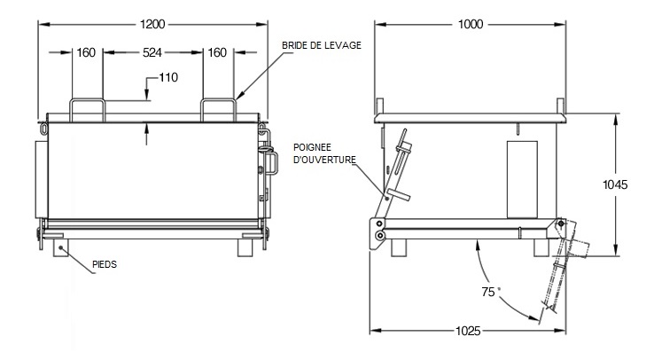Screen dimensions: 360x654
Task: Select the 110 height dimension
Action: coord(167,77)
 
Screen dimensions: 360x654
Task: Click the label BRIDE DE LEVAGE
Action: coord(321,46)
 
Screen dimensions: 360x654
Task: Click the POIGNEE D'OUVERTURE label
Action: coord(327,153)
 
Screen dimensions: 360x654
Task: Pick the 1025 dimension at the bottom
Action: coord(468,331)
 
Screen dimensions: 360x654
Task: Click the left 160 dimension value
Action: coord(86,52)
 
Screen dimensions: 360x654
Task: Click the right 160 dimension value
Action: coord(217,52)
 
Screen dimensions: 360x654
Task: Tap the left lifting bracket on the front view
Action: coord(88,109)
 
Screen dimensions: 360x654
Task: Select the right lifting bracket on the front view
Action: coord(217,109)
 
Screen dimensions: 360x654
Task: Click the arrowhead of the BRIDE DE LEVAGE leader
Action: coord(239,95)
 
